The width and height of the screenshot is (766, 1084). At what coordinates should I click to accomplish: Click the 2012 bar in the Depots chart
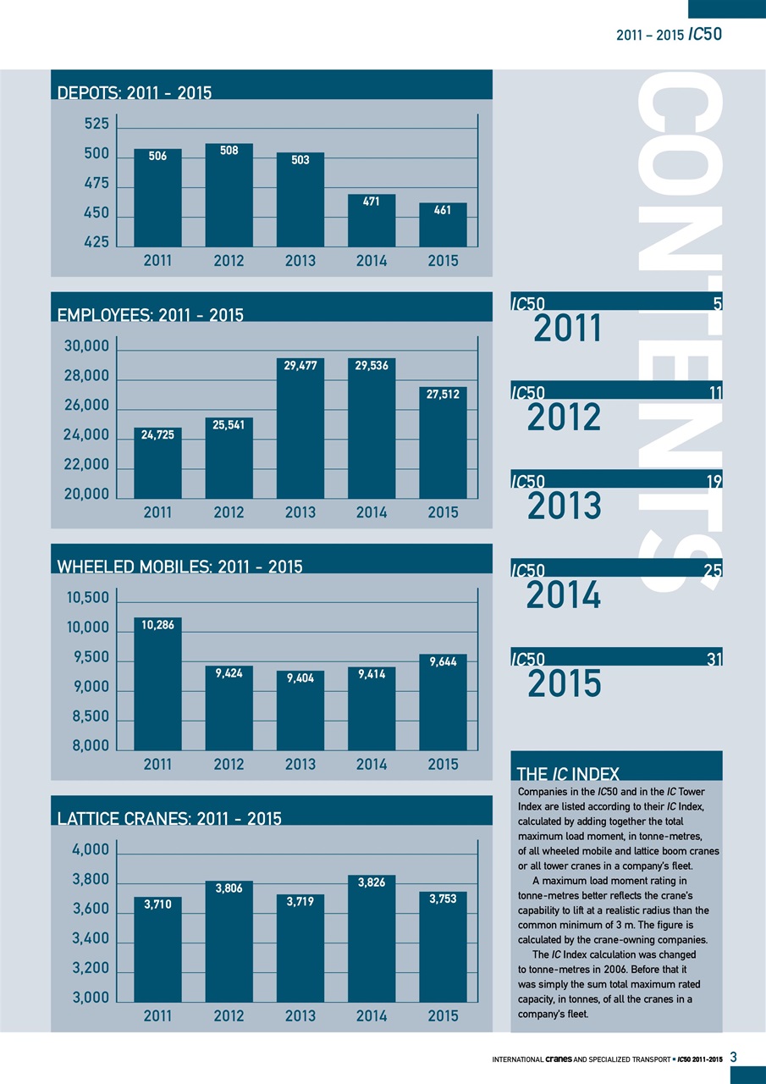[x=229, y=195]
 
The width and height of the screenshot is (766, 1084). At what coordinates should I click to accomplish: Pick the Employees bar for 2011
[x=158, y=463]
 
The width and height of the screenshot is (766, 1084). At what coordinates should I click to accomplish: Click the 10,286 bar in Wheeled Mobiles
[x=158, y=684]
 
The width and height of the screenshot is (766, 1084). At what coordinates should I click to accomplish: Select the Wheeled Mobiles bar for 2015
[x=443, y=702]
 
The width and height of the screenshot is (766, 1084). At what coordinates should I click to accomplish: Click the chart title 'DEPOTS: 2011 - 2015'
[x=134, y=92]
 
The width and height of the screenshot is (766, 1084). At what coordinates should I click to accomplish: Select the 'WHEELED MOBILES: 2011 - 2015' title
[x=179, y=567]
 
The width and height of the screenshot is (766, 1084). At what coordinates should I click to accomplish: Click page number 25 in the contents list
[x=713, y=571]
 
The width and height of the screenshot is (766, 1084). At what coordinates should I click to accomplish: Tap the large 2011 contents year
[x=568, y=328]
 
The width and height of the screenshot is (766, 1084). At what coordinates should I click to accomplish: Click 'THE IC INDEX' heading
[x=567, y=772]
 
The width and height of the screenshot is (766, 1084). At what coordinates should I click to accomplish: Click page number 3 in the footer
[x=734, y=1056]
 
